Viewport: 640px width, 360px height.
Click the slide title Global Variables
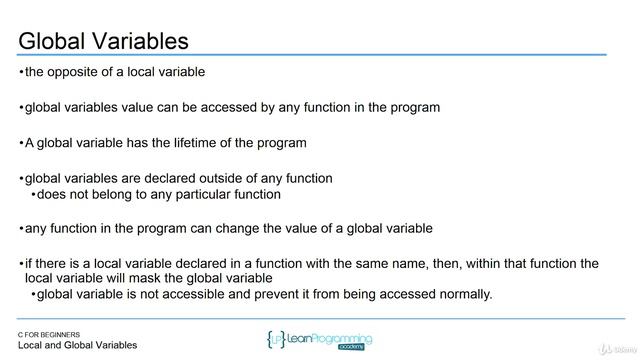pyautogui.click(x=104, y=41)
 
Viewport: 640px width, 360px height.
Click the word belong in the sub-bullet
pyautogui.click(x=126, y=194)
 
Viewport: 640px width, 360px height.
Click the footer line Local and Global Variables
pyautogui.click(x=78, y=345)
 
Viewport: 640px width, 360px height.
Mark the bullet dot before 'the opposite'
pyautogui.click(x=21, y=72)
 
